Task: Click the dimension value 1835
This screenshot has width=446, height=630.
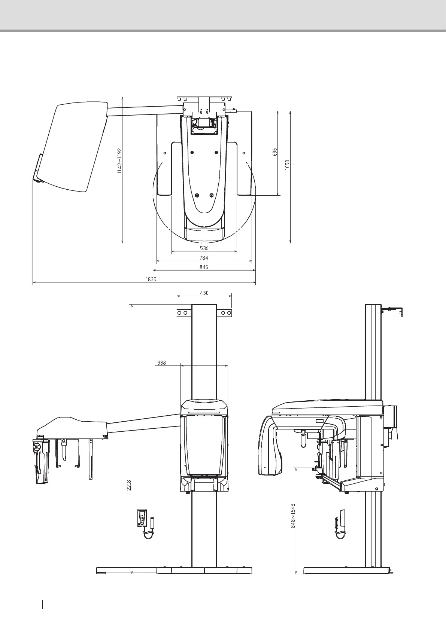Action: pos(151,279)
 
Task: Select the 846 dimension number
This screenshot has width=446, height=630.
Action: pos(204,267)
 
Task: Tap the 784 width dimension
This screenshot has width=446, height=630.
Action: pos(204,258)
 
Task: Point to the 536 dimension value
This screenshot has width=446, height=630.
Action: pos(204,248)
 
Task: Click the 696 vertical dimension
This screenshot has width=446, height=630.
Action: pos(275,152)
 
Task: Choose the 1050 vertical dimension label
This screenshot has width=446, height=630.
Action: pos(287,165)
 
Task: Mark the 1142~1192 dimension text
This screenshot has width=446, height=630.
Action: pos(119,161)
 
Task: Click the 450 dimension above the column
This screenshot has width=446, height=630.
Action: pos(204,293)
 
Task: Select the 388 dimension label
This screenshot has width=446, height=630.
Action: pos(161,363)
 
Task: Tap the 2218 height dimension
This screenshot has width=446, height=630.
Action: pos(129,486)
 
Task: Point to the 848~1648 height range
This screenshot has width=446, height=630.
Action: pos(293,516)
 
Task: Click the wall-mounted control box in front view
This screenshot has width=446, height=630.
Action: pos(143,518)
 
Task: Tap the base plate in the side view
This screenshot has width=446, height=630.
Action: pos(347,581)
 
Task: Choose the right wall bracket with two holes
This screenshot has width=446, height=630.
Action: pos(226,313)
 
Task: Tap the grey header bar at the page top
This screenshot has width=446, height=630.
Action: pos(223,15)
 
